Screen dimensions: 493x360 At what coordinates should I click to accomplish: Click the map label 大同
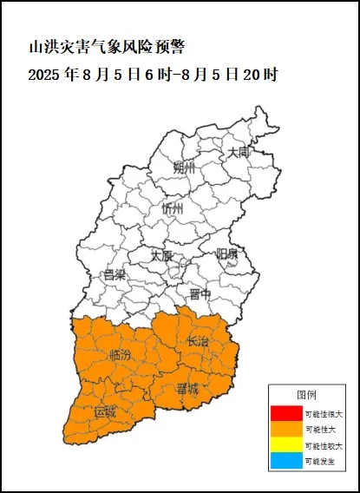pos(238,152)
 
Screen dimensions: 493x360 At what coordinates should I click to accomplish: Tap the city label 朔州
pos(184,167)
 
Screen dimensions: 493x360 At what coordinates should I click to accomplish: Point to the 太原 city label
pos(161,256)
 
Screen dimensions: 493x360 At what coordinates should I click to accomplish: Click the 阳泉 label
pos(227,253)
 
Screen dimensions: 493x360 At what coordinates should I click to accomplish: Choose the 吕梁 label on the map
pos(115,275)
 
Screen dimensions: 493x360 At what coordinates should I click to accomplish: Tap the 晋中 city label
pos(200,293)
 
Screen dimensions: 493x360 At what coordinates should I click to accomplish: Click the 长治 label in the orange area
pos(198,342)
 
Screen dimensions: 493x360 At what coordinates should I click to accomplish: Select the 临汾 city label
pos(121,355)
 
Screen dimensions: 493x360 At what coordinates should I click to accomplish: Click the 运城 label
pos(105,411)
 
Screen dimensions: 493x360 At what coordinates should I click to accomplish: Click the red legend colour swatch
pos(285,413)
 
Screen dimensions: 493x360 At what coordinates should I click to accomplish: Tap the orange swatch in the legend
pos(285,429)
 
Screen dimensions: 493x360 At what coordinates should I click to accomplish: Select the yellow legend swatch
pos(285,445)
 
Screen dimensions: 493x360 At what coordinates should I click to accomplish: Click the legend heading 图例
pos(307,395)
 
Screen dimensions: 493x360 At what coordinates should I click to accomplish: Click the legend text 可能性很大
pos(324,413)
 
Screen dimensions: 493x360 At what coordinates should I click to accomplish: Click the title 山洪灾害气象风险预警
pos(107,45)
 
